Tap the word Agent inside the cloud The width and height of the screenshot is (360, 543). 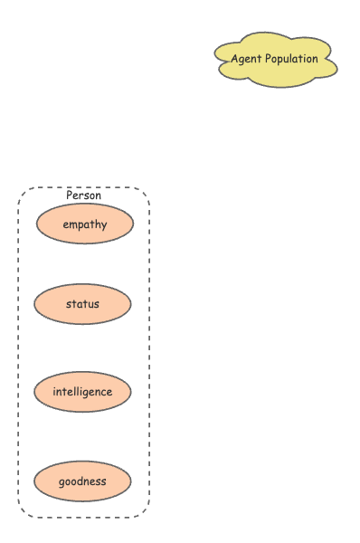click(246, 59)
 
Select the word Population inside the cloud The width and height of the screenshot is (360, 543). click(292, 59)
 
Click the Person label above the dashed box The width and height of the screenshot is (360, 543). click(83, 195)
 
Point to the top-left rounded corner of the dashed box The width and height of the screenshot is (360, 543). click(23, 193)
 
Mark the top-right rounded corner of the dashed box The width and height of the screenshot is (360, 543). click(144, 193)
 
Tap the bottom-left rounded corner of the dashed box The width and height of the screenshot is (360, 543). click(23, 512)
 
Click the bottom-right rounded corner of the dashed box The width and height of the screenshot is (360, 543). click(144, 512)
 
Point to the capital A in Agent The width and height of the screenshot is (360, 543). click(234, 59)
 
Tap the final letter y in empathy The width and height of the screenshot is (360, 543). click(104, 226)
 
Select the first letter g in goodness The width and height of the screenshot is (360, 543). click(62, 482)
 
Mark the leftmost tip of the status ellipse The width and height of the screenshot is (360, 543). click(34, 304)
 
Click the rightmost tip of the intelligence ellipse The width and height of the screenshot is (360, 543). click(131, 392)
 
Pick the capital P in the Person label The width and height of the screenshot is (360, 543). click(70, 195)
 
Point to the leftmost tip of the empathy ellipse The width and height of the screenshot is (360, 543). click(36, 224)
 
